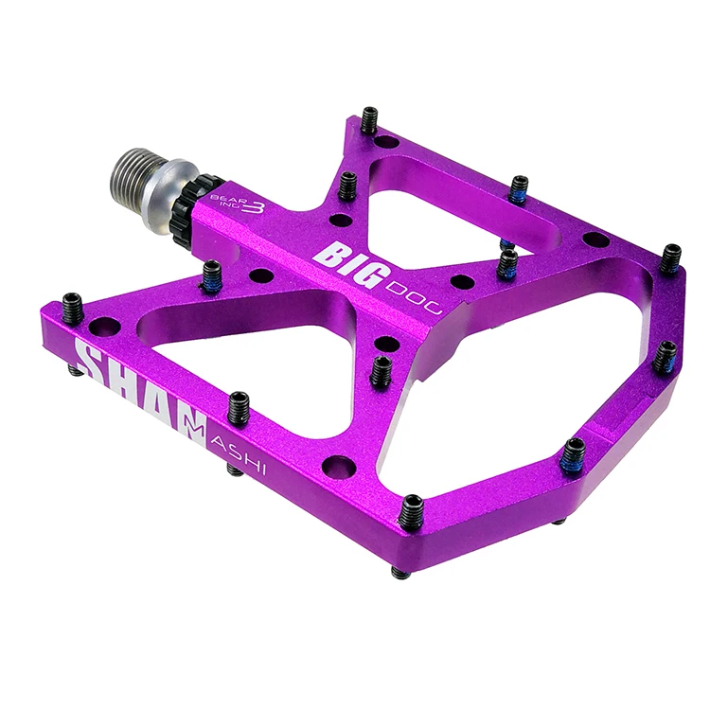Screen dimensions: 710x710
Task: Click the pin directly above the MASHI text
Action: tap(239, 406)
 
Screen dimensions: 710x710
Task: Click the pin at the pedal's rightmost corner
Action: tap(671, 257)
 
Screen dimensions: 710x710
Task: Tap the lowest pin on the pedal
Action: tap(409, 512)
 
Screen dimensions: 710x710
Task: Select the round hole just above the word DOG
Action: tap(463, 281)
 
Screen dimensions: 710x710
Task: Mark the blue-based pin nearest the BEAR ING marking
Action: tap(211, 275)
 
